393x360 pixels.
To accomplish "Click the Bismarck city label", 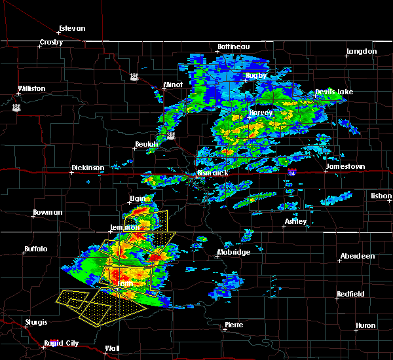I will [x=213, y=173].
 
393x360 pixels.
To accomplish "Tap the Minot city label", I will [x=174, y=85].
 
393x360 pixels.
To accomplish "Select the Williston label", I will [x=32, y=88].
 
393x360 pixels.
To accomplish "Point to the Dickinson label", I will [x=88, y=168].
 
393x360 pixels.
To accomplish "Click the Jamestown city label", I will [x=346, y=167].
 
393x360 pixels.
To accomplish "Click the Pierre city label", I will [x=234, y=325].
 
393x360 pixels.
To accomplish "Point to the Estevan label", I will [x=72, y=29].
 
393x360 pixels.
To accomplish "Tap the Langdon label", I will [x=362, y=51].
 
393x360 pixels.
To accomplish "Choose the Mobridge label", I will [x=234, y=252].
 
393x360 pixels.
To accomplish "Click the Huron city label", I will [x=365, y=325].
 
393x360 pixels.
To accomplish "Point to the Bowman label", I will [x=48, y=212].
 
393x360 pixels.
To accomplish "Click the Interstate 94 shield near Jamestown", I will [x=290, y=172].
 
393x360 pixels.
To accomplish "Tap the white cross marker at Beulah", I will [x=134, y=148].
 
